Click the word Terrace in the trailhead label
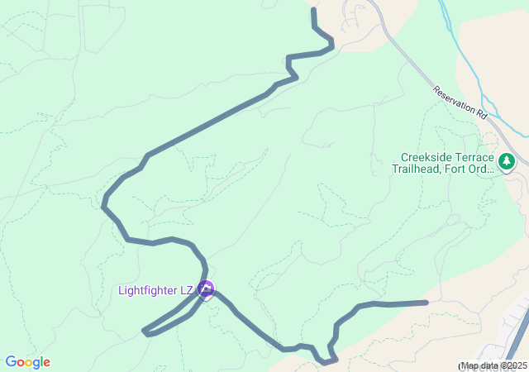(x=475, y=158)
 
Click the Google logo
(x=27, y=362)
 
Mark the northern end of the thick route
(x=313, y=10)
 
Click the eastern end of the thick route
(x=426, y=303)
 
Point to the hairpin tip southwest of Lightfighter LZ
(x=145, y=332)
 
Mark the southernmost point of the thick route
(x=326, y=361)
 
